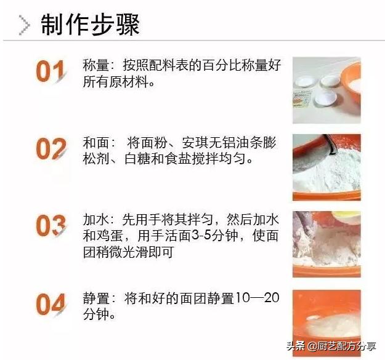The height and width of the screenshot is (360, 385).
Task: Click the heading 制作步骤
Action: (x=90, y=25)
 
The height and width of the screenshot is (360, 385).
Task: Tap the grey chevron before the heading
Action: (x=25, y=25)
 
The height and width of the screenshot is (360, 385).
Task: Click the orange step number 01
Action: (x=51, y=72)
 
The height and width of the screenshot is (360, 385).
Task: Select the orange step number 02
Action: (x=51, y=150)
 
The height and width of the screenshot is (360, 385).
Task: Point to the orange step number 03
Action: (x=51, y=226)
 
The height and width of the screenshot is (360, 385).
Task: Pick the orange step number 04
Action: (x=51, y=303)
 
